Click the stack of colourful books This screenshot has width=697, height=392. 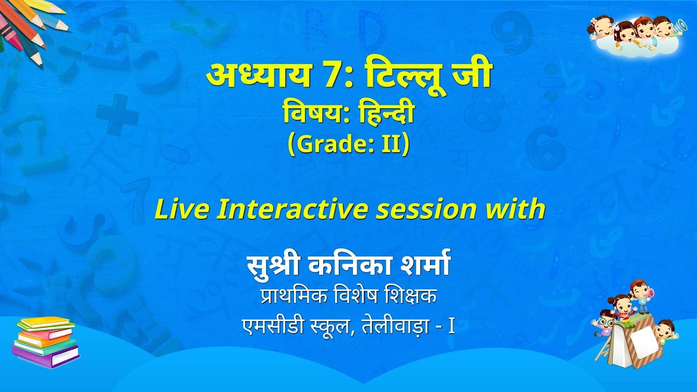(x=46, y=342)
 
